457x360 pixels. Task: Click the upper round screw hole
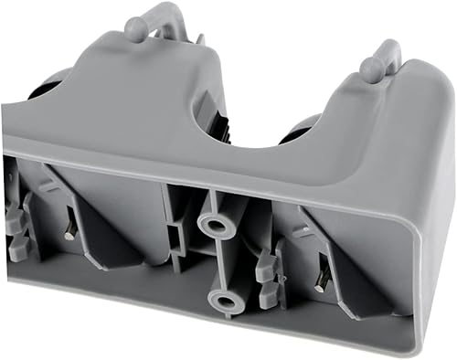(x=218, y=222)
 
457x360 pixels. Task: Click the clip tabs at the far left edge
(x=16, y=228)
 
